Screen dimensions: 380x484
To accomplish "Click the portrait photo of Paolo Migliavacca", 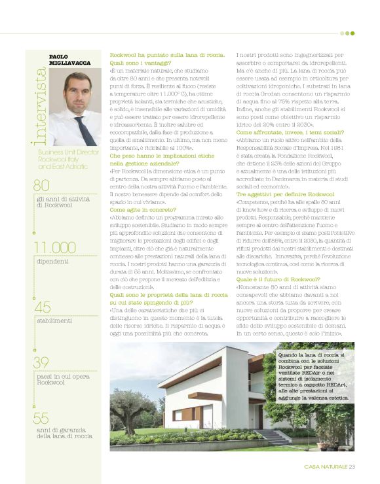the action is click(75, 105).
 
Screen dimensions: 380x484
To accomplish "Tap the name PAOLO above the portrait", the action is click(60, 57).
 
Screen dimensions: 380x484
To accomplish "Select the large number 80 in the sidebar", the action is click(42, 185).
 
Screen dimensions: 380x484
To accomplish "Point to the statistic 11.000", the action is click(56, 247).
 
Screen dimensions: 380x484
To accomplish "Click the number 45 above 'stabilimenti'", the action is click(42, 307).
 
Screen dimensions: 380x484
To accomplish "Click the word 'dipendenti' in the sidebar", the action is click(52, 261).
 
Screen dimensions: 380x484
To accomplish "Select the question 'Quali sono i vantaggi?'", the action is click(138, 63).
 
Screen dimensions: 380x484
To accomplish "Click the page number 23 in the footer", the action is click(351, 466).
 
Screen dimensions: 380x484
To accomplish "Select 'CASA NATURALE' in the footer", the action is click(326, 466).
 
